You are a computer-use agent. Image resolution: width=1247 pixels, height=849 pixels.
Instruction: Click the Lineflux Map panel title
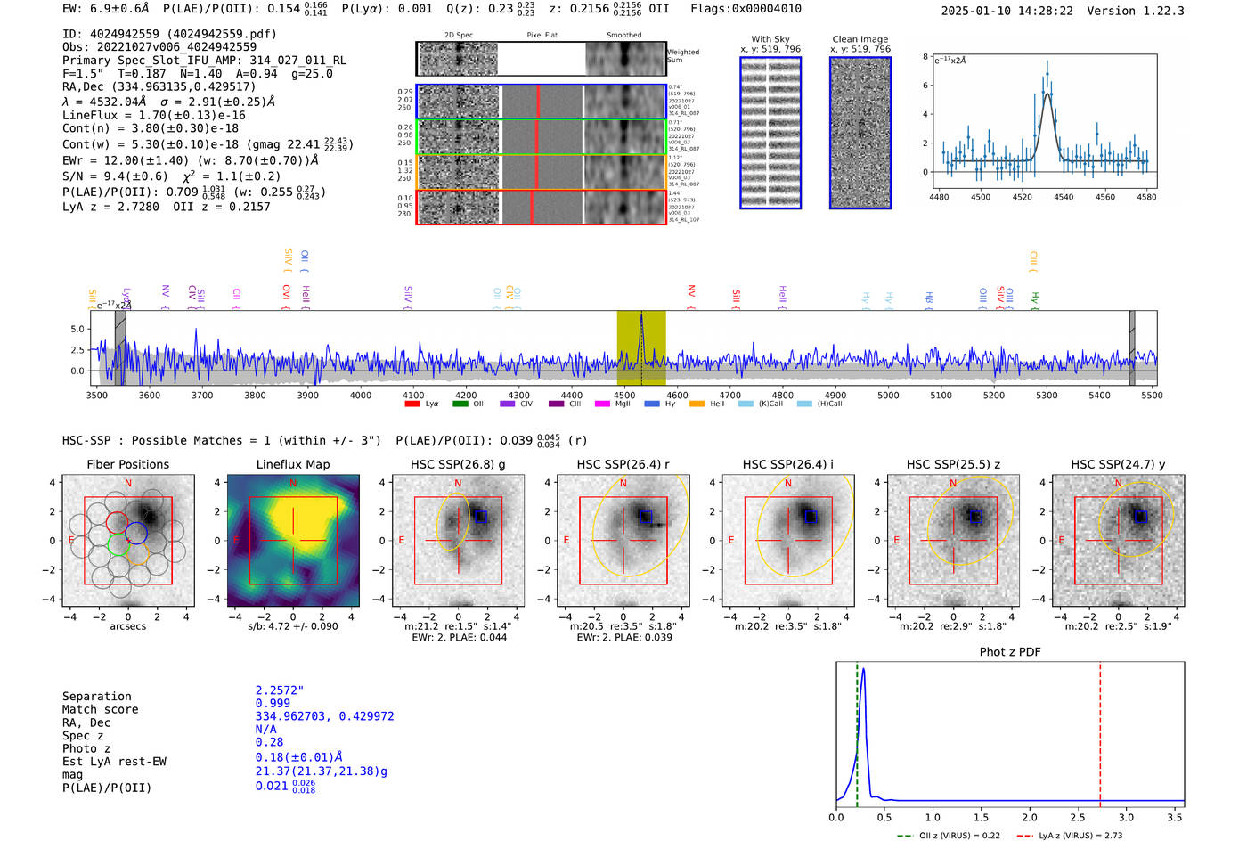coord(292,464)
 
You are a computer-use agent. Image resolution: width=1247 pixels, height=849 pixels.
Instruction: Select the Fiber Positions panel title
coord(127,464)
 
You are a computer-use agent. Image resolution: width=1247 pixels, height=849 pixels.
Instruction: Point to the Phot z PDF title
coord(1010,651)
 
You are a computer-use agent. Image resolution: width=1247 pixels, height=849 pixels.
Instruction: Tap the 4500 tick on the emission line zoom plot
coord(981,197)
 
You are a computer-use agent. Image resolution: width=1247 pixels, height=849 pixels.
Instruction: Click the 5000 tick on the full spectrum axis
coord(888,395)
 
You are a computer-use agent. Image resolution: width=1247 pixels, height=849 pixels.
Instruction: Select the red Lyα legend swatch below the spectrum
coord(412,404)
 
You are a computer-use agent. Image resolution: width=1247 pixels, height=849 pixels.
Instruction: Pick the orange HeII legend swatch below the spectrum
coord(697,404)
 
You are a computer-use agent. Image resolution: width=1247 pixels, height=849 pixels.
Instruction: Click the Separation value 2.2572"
coord(280,690)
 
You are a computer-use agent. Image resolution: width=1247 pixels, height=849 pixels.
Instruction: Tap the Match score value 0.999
coord(273,703)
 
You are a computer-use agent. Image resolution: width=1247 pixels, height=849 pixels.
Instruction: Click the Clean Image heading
coord(860,39)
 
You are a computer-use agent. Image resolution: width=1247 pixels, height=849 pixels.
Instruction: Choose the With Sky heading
coord(770,39)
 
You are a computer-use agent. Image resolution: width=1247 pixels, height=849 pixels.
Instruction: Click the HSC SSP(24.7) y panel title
coord(1118,464)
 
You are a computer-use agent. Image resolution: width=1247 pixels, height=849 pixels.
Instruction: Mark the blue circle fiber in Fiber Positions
coord(136,533)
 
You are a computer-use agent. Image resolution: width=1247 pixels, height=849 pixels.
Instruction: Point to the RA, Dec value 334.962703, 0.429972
coord(324,716)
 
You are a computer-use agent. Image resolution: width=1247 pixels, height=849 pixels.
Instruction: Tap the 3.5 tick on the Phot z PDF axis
coord(1175,817)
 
